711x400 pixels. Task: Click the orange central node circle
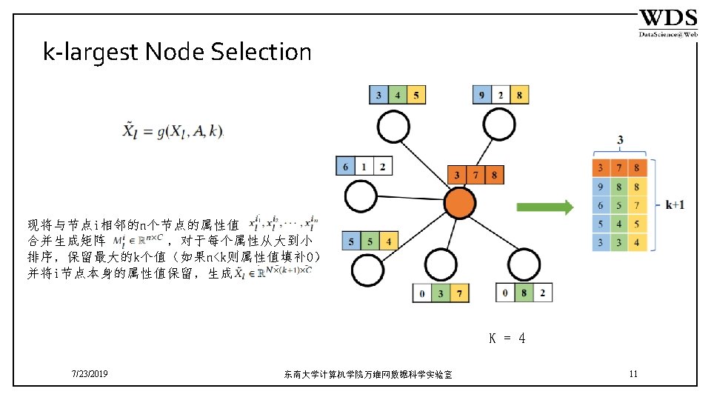pos(458,203)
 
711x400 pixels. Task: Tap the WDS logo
pos(668,23)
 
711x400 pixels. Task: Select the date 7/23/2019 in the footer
pos(90,375)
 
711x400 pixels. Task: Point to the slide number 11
pos(632,374)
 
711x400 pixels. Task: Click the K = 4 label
pos(507,339)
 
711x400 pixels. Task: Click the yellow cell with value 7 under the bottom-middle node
pos(459,294)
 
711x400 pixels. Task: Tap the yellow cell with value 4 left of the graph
pos(389,241)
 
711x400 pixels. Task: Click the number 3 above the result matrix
pos(619,139)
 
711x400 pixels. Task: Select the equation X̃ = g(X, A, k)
pos(172,132)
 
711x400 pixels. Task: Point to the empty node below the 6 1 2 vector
pos(363,197)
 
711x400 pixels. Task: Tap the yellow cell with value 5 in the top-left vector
pos(417,95)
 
